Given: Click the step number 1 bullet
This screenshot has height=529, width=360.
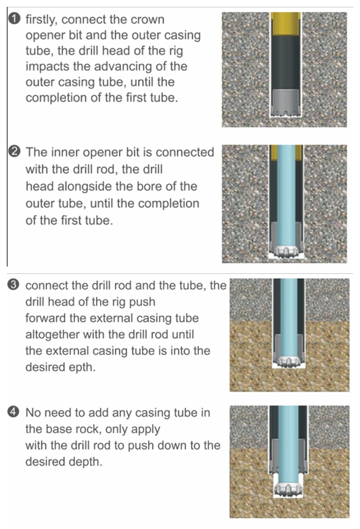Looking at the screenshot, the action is click(x=14, y=19).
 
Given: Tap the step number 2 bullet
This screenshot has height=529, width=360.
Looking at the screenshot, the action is click(x=14, y=152).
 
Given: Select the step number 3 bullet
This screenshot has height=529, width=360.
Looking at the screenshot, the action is click(x=13, y=285).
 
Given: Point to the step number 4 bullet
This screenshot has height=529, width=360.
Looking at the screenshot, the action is click(x=13, y=412).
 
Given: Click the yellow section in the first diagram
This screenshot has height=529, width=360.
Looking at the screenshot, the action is click(x=286, y=24).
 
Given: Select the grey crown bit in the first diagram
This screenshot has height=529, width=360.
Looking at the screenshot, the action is click(x=285, y=103).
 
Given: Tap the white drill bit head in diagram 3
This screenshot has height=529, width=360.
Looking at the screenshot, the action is click(x=288, y=361).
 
